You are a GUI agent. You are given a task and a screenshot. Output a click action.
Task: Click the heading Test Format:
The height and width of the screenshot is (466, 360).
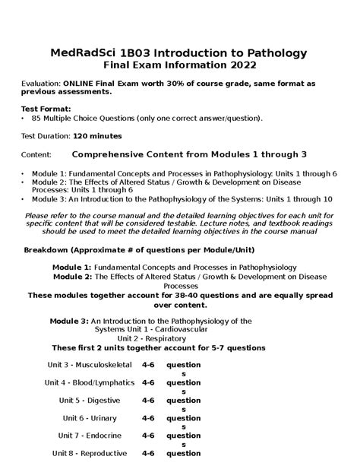pyautogui.click(x=46, y=108)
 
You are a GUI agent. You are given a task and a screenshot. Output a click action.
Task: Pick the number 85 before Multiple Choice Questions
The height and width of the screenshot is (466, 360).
pyautogui.click(x=36, y=119)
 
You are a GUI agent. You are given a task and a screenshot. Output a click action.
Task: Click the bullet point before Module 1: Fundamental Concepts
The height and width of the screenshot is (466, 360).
pyautogui.click(x=23, y=174)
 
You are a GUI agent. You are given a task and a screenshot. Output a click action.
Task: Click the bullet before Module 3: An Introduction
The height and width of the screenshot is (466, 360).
pyautogui.click(x=23, y=198)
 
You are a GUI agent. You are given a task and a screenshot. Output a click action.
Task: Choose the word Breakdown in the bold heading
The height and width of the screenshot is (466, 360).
pyautogui.click(x=51, y=250)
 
